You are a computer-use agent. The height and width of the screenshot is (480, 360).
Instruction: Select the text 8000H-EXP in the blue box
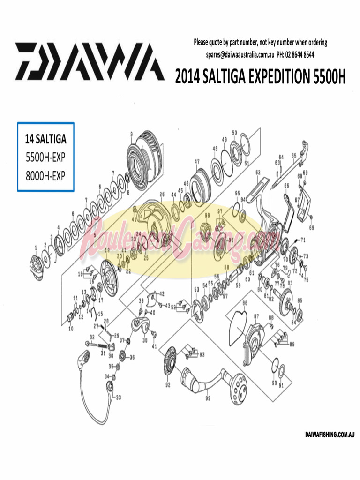point(45,175)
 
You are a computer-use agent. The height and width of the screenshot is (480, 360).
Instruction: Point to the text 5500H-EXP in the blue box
point(45,157)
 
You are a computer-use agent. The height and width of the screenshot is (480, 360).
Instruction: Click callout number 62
point(258,172)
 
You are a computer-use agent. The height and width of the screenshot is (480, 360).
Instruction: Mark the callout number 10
point(71,329)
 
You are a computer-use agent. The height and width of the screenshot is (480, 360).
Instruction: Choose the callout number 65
point(294,155)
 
